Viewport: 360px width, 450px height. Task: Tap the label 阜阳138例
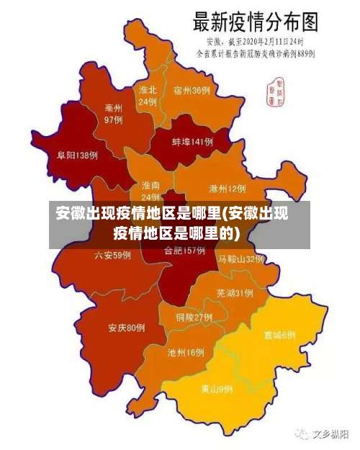point(77,155)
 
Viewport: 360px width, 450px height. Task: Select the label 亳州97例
point(113,114)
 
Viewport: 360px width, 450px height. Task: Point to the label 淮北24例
point(148,96)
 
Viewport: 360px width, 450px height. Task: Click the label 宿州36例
point(192,91)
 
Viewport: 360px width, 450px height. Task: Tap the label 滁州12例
point(227,189)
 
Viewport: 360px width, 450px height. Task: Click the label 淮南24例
point(150,191)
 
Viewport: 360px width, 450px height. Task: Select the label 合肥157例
point(184,251)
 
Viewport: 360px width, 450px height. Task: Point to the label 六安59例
point(112,255)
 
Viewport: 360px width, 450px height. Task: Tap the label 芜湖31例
point(234,293)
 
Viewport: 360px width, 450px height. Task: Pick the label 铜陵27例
point(194,317)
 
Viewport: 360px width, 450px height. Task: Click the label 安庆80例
point(127,328)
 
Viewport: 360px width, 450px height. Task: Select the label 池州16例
point(186,352)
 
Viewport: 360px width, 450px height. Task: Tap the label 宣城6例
point(279,335)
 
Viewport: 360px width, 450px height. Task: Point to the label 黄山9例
point(216,389)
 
